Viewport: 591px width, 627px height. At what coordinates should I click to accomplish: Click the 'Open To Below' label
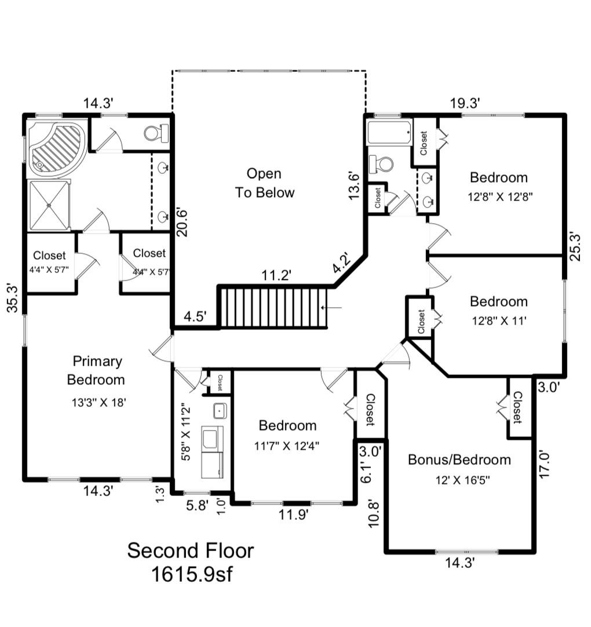[x=264, y=183]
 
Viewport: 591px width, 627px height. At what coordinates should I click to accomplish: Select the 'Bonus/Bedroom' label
[x=459, y=460]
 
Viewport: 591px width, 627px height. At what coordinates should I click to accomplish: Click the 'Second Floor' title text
[x=190, y=550]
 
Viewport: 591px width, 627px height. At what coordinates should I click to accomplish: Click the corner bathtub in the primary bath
[x=57, y=146]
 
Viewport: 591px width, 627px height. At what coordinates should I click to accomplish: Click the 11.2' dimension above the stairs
[x=275, y=276]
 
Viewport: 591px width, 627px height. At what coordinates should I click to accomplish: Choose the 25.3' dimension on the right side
[x=575, y=246]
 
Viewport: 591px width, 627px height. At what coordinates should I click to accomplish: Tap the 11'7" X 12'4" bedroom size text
[x=287, y=445]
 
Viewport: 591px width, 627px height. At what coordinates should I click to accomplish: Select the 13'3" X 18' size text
[x=96, y=402]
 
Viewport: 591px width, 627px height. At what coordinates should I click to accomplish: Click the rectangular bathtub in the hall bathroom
[x=389, y=133]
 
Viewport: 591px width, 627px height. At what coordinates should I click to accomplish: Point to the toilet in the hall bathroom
[x=382, y=164]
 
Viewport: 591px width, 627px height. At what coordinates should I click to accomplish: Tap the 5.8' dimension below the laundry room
[x=197, y=505]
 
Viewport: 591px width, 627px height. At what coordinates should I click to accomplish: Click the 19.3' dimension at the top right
[x=466, y=103]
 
